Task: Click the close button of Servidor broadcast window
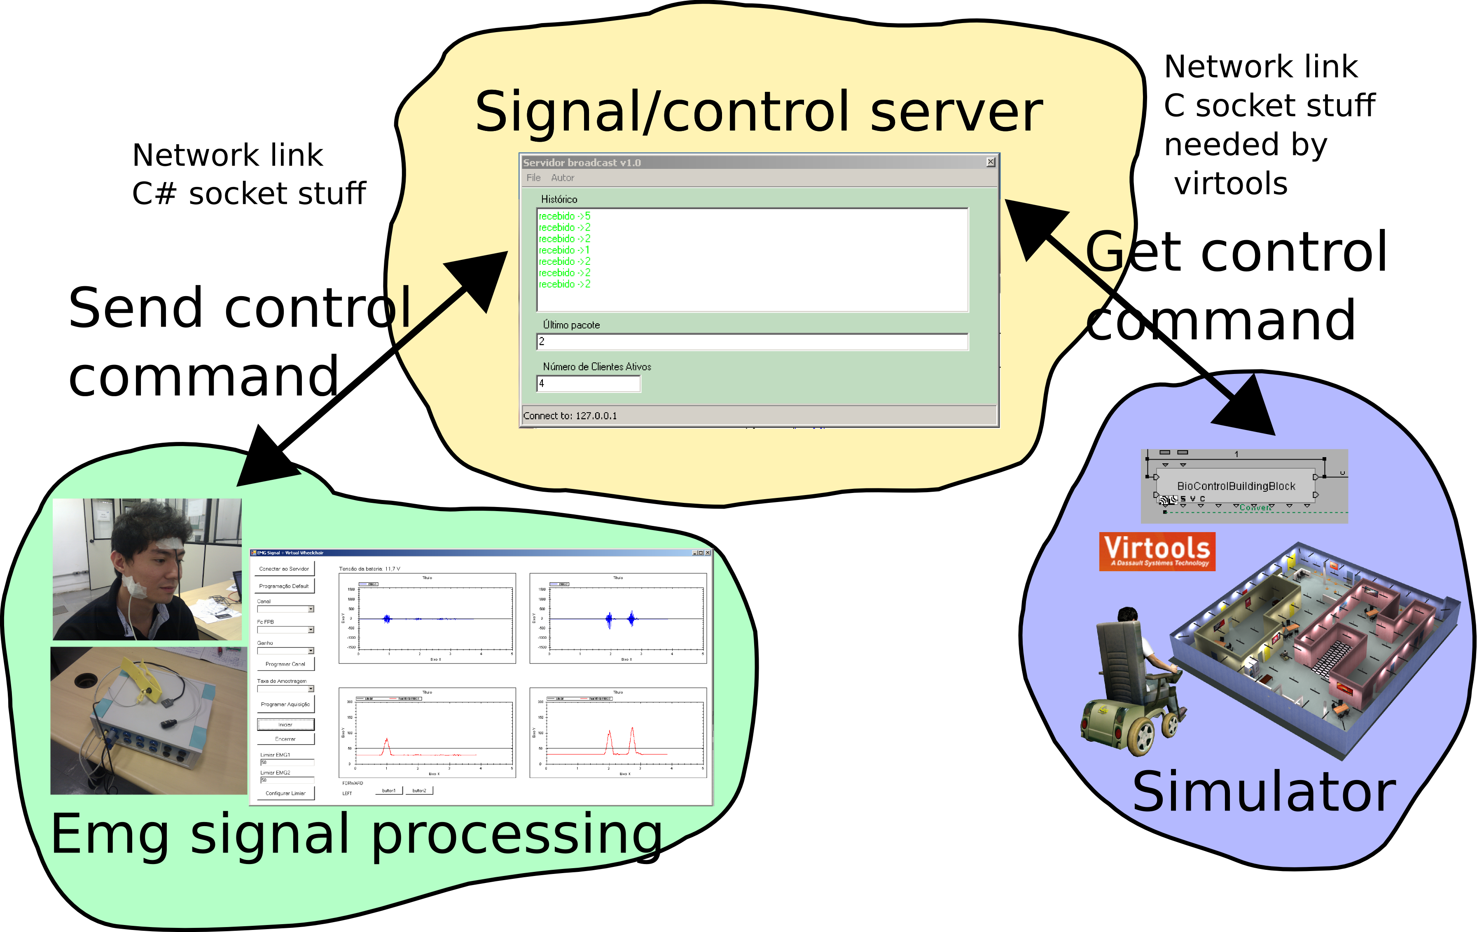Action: (990, 162)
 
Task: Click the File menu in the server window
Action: (533, 178)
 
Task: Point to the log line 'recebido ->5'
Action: (564, 216)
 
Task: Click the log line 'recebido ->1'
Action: (564, 250)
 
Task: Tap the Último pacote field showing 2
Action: (752, 341)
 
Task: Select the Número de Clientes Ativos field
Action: (588, 384)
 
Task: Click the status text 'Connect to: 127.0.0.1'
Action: (570, 416)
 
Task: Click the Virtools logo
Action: (1157, 551)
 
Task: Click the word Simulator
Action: (1264, 792)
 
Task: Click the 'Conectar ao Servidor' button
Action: (284, 569)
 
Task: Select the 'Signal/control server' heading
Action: (758, 112)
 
